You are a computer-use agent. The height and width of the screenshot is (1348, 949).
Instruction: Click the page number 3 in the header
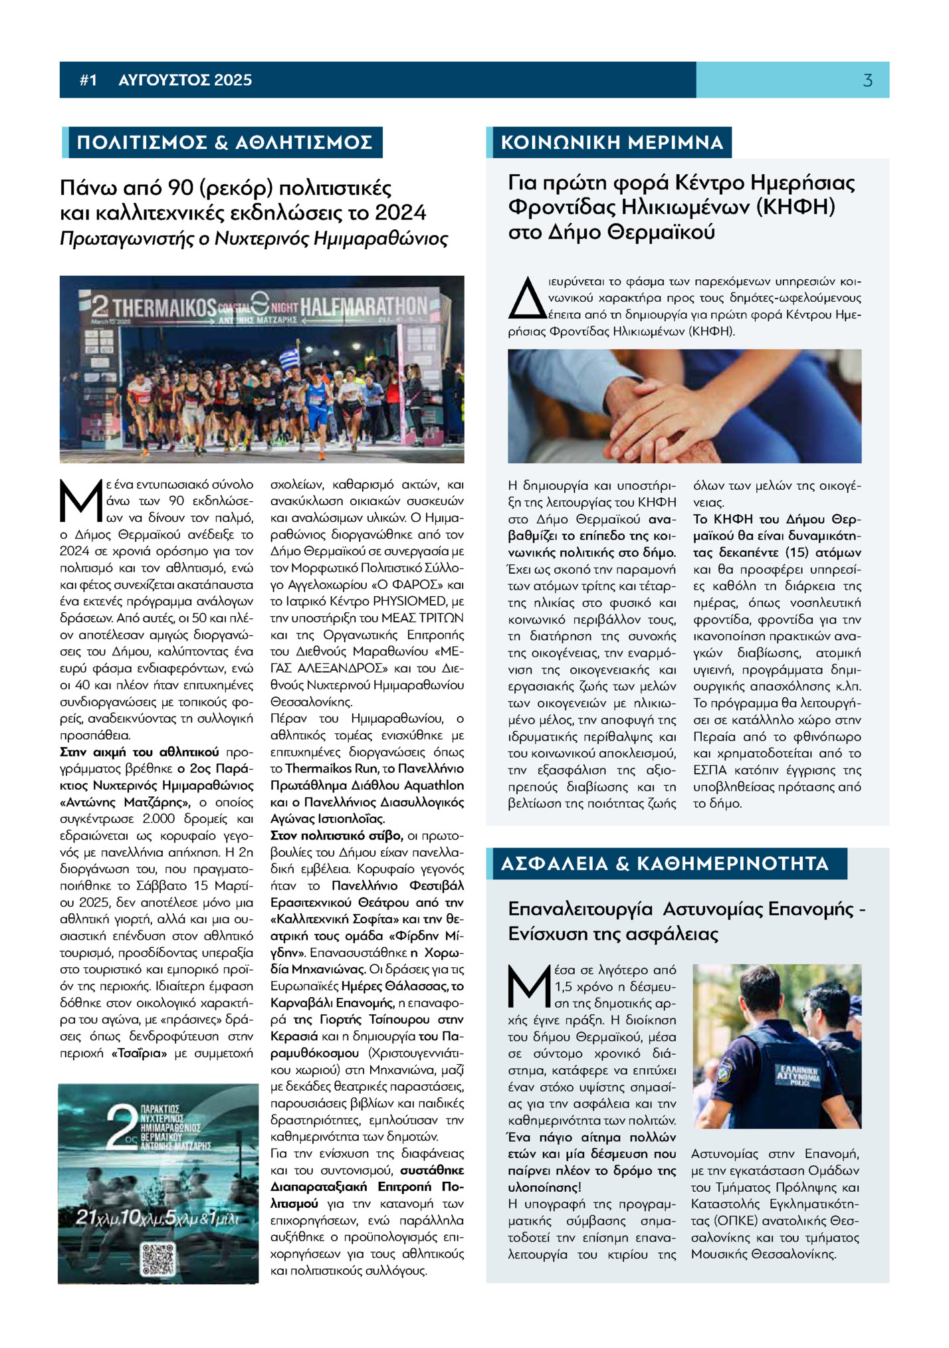pos(867,80)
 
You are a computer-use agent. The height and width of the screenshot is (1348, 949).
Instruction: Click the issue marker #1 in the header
pos(88,80)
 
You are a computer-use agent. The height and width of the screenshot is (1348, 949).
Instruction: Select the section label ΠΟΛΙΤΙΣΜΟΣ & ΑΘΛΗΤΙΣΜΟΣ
pos(224,142)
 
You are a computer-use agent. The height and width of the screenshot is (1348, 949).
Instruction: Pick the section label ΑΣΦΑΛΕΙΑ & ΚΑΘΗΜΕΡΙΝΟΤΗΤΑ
pos(665,863)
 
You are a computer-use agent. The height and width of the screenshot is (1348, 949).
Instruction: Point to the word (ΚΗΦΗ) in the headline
pos(795,207)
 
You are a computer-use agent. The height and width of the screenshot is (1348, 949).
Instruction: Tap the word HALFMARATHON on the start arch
pos(364,306)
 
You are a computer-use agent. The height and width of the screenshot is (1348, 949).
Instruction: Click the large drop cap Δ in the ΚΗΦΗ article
pos(526,298)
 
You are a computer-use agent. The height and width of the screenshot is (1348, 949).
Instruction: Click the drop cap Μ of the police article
pos(530,986)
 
